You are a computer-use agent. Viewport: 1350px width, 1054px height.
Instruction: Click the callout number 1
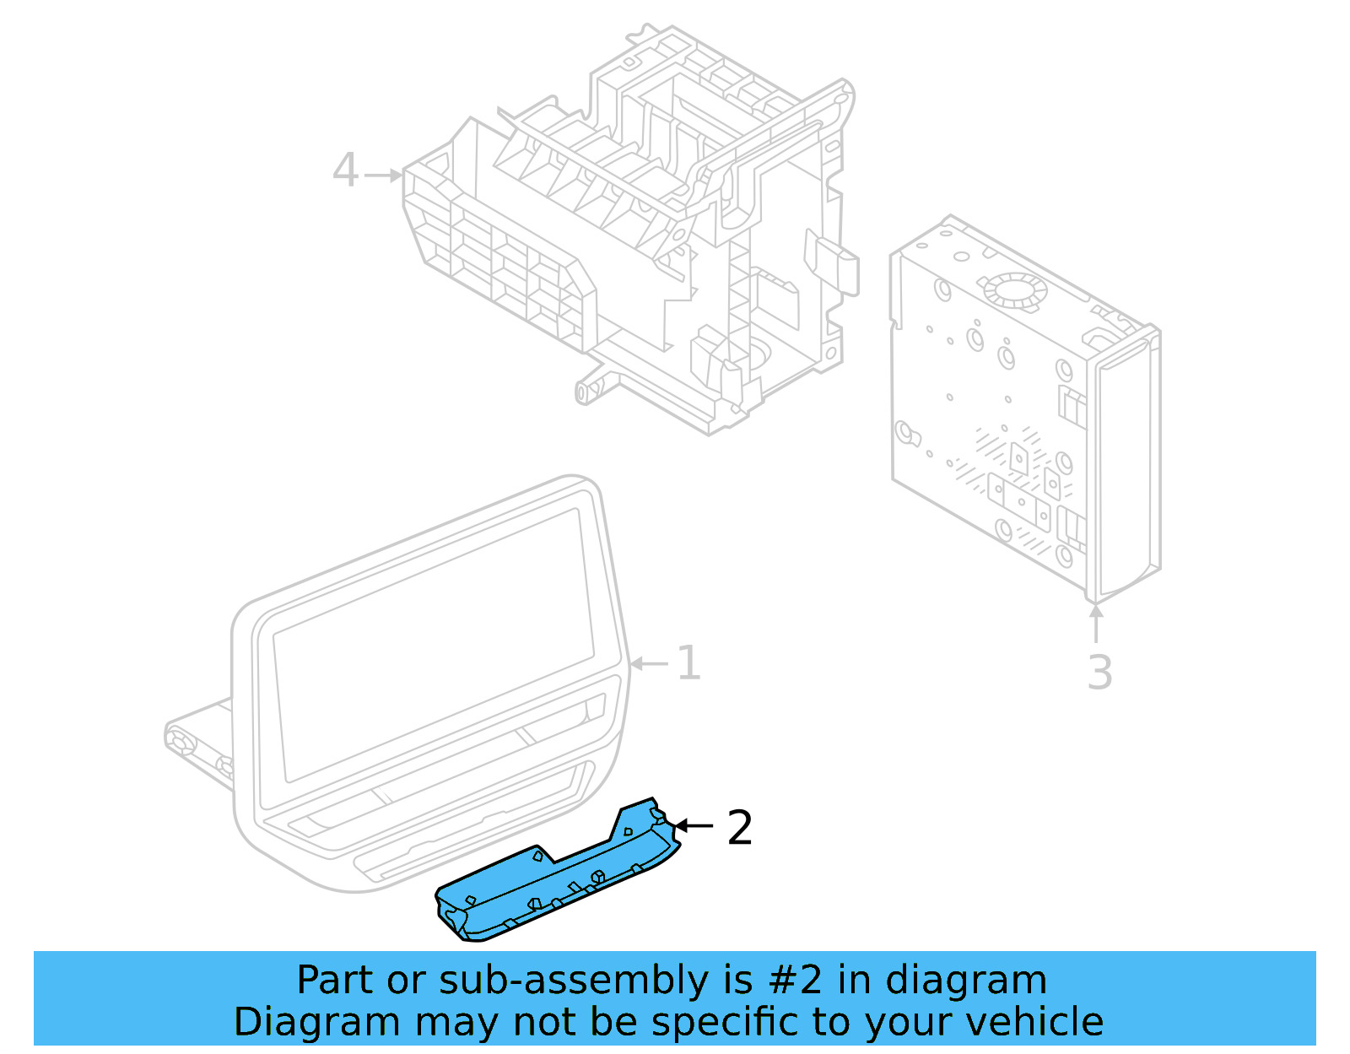point(689,663)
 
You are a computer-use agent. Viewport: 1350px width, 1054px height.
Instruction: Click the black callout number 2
point(739,828)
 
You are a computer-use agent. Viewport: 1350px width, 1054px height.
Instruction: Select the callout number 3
point(1099,673)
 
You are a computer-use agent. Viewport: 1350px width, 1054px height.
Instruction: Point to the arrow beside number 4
point(385,176)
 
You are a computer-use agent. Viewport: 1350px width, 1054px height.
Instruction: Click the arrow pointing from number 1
point(651,664)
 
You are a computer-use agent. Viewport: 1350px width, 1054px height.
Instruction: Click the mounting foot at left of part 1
point(190,743)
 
